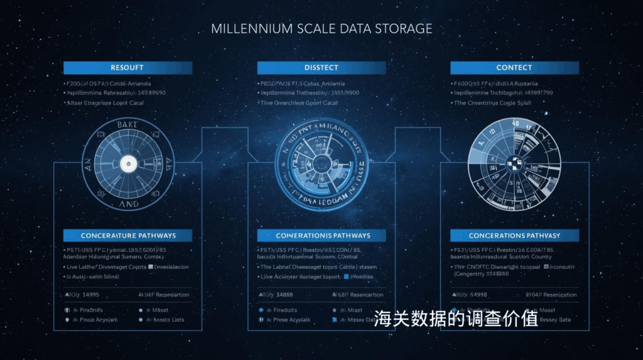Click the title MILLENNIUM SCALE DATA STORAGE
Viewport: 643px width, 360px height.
coord(321,29)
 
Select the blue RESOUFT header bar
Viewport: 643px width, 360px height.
coord(127,68)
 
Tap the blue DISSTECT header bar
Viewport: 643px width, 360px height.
coord(321,68)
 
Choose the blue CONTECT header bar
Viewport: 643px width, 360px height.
coord(514,68)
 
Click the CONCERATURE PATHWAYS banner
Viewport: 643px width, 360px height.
coord(128,236)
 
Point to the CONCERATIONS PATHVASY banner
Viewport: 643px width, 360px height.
coord(514,236)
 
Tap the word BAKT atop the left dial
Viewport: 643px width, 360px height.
coord(128,126)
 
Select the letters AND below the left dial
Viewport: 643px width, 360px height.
coord(128,204)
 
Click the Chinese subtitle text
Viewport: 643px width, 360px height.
coord(456,319)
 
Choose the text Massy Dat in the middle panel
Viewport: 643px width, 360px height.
coord(363,320)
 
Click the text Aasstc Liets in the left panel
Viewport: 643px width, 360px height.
coord(168,320)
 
